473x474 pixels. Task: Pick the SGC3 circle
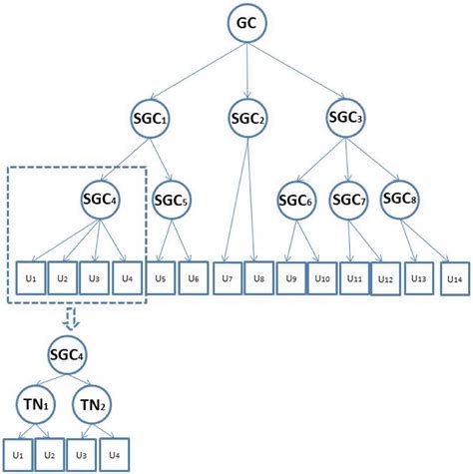coord(345,117)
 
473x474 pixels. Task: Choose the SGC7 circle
coord(347,203)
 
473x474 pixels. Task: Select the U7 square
coord(230,275)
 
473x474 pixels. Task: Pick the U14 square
coord(454,275)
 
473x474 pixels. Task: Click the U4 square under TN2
coord(115,453)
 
